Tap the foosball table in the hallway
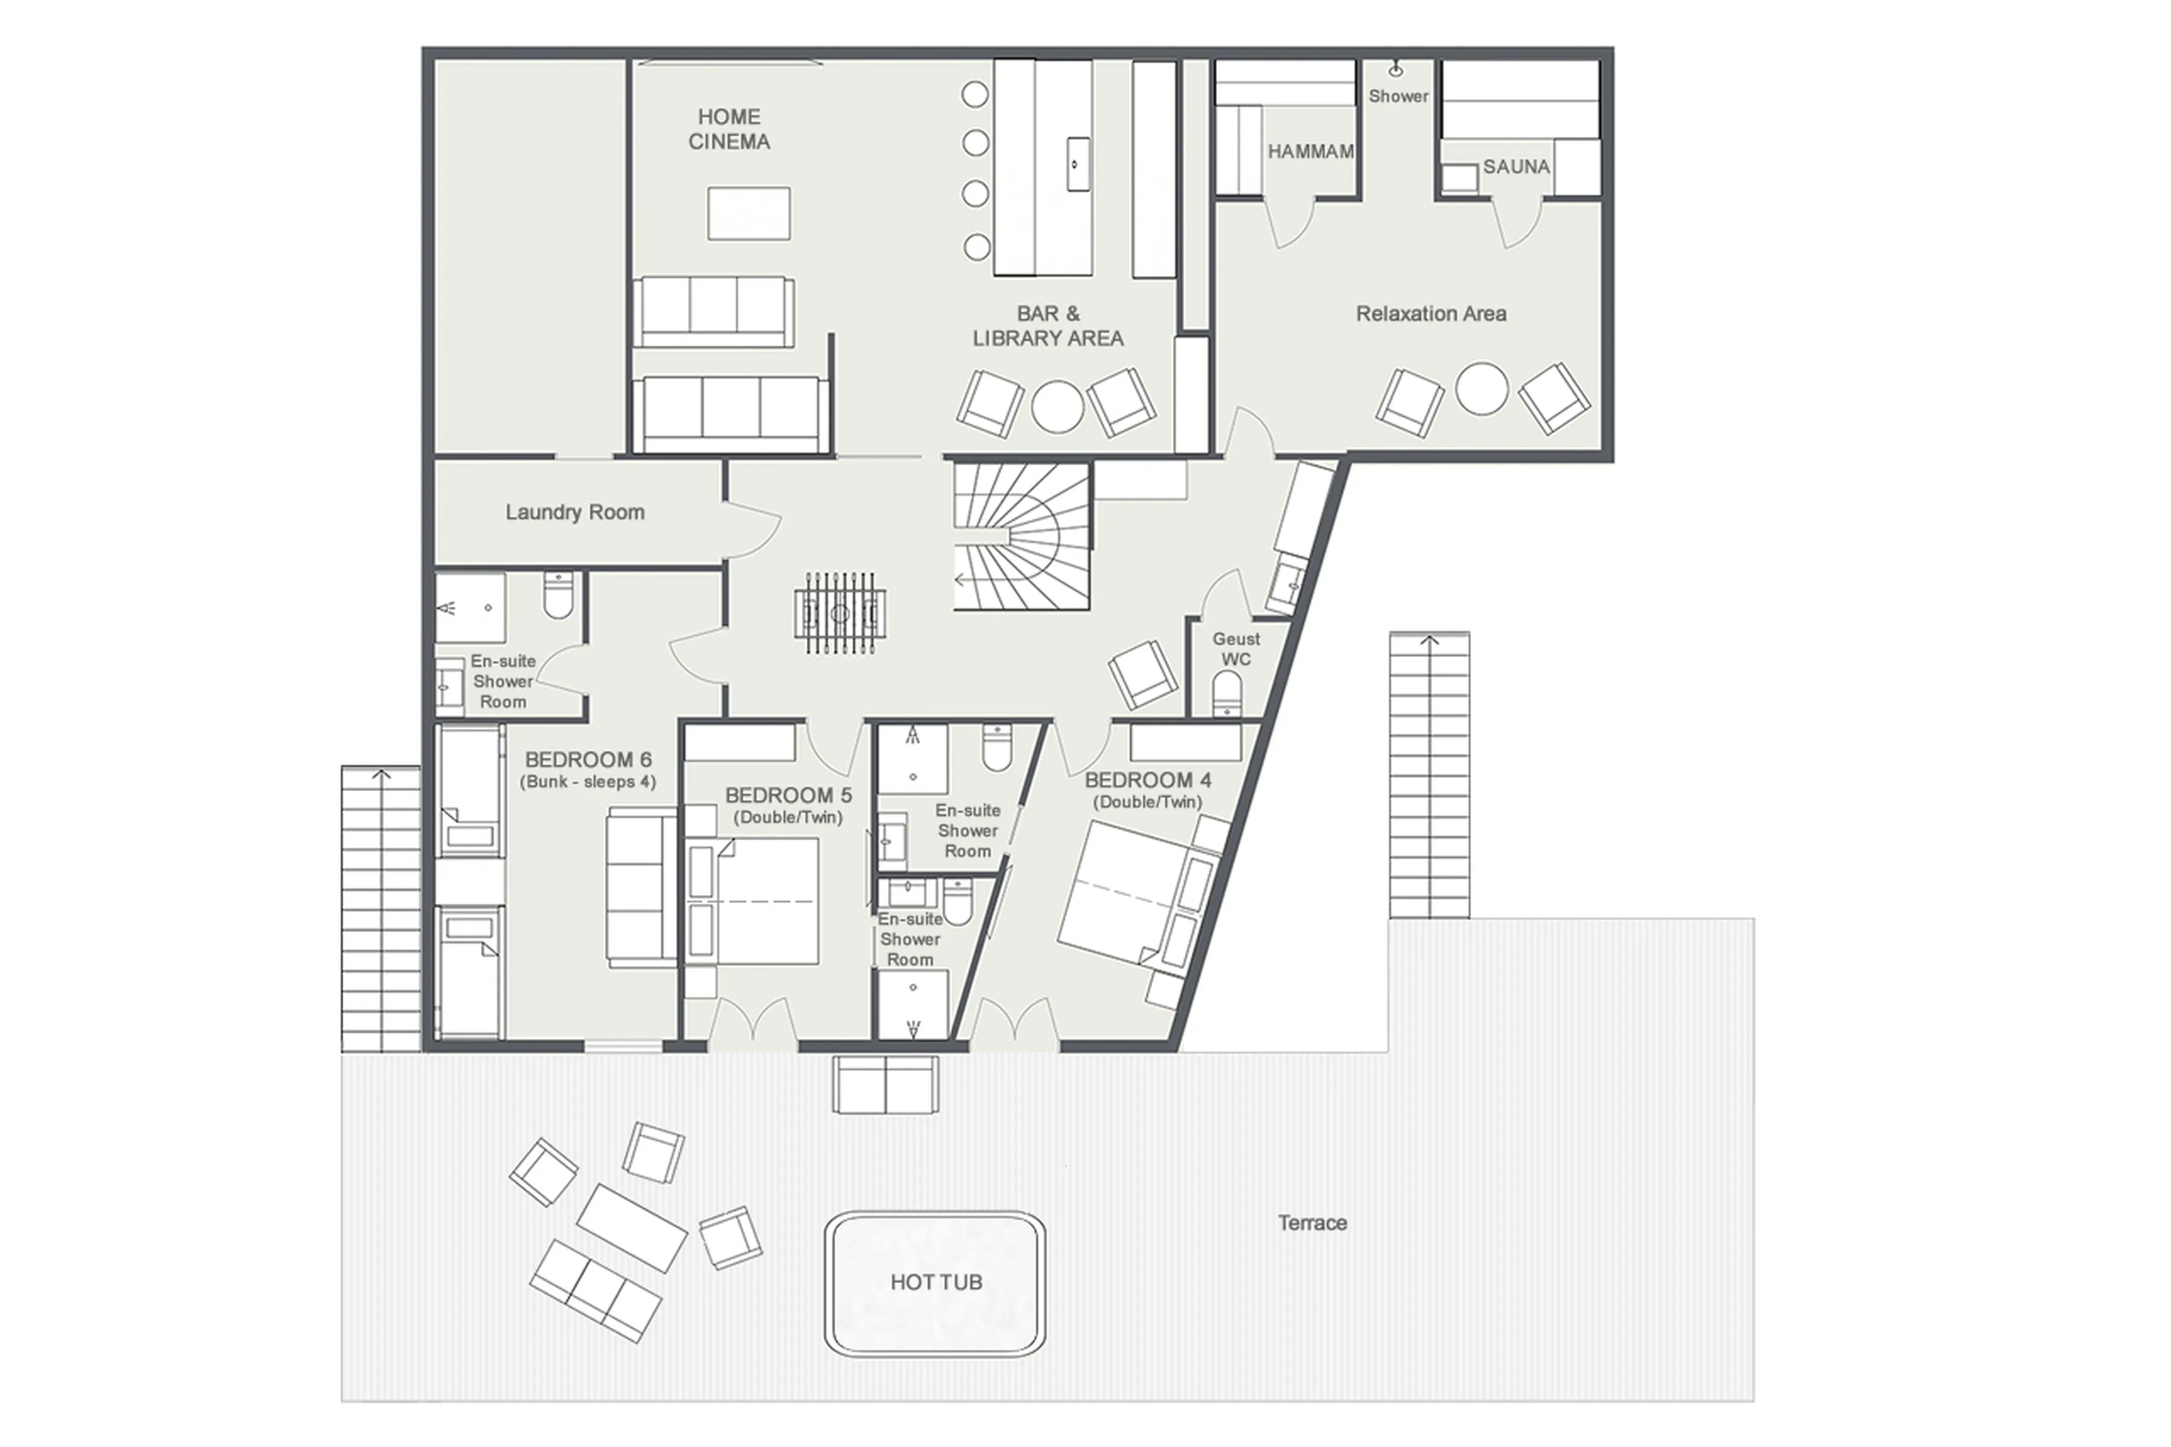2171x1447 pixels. (x=838, y=613)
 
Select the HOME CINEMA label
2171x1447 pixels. (x=728, y=129)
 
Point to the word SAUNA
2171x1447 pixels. (x=1515, y=167)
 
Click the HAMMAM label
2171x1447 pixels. (x=1309, y=152)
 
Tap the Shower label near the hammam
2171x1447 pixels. (x=1397, y=96)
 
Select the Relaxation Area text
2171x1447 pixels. (x=1430, y=314)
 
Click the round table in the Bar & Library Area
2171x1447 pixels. (x=1057, y=406)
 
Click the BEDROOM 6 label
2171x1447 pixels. (x=588, y=759)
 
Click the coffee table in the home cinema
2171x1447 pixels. (x=749, y=213)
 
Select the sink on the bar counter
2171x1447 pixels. (x=1076, y=164)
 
